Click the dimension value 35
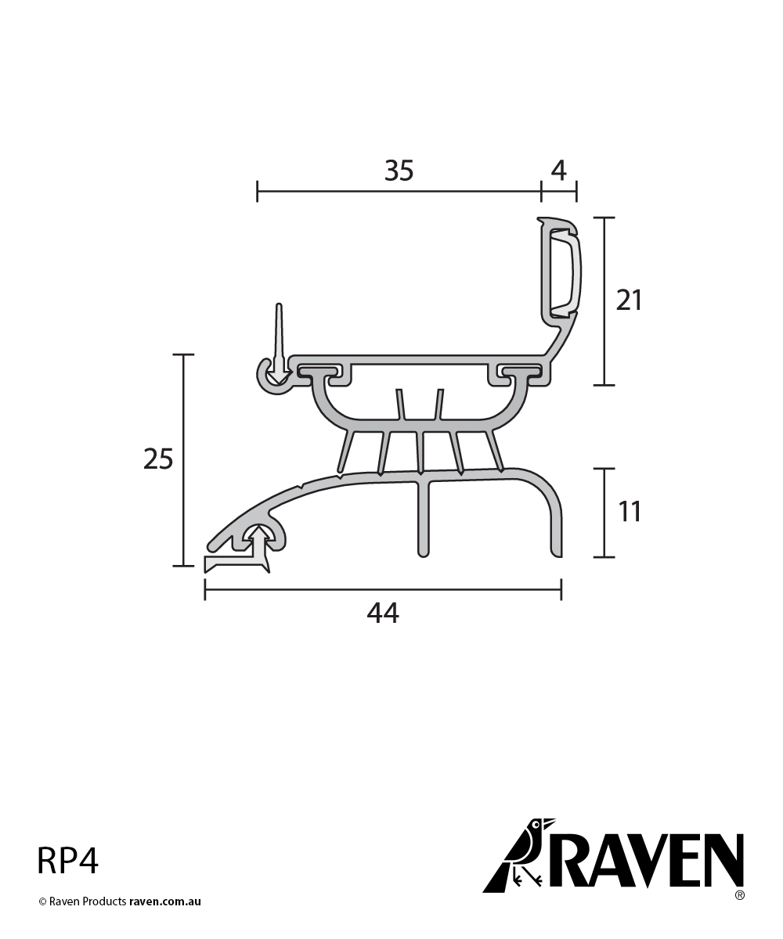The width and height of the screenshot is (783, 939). tap(399, 170)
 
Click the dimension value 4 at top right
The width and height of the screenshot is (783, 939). tap(558, 170)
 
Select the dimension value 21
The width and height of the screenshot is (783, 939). tap(629, 300)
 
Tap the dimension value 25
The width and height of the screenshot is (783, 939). tap(158, 459)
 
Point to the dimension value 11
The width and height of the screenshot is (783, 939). tap(629, 512)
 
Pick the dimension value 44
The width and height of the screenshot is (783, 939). tap(383, 614)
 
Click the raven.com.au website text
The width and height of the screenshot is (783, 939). tap(165, 901)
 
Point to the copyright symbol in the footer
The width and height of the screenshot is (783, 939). tap(42, 901)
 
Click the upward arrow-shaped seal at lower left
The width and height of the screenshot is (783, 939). tap(257, 548)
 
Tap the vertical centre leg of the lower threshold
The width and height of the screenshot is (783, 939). tap(423, 516)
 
